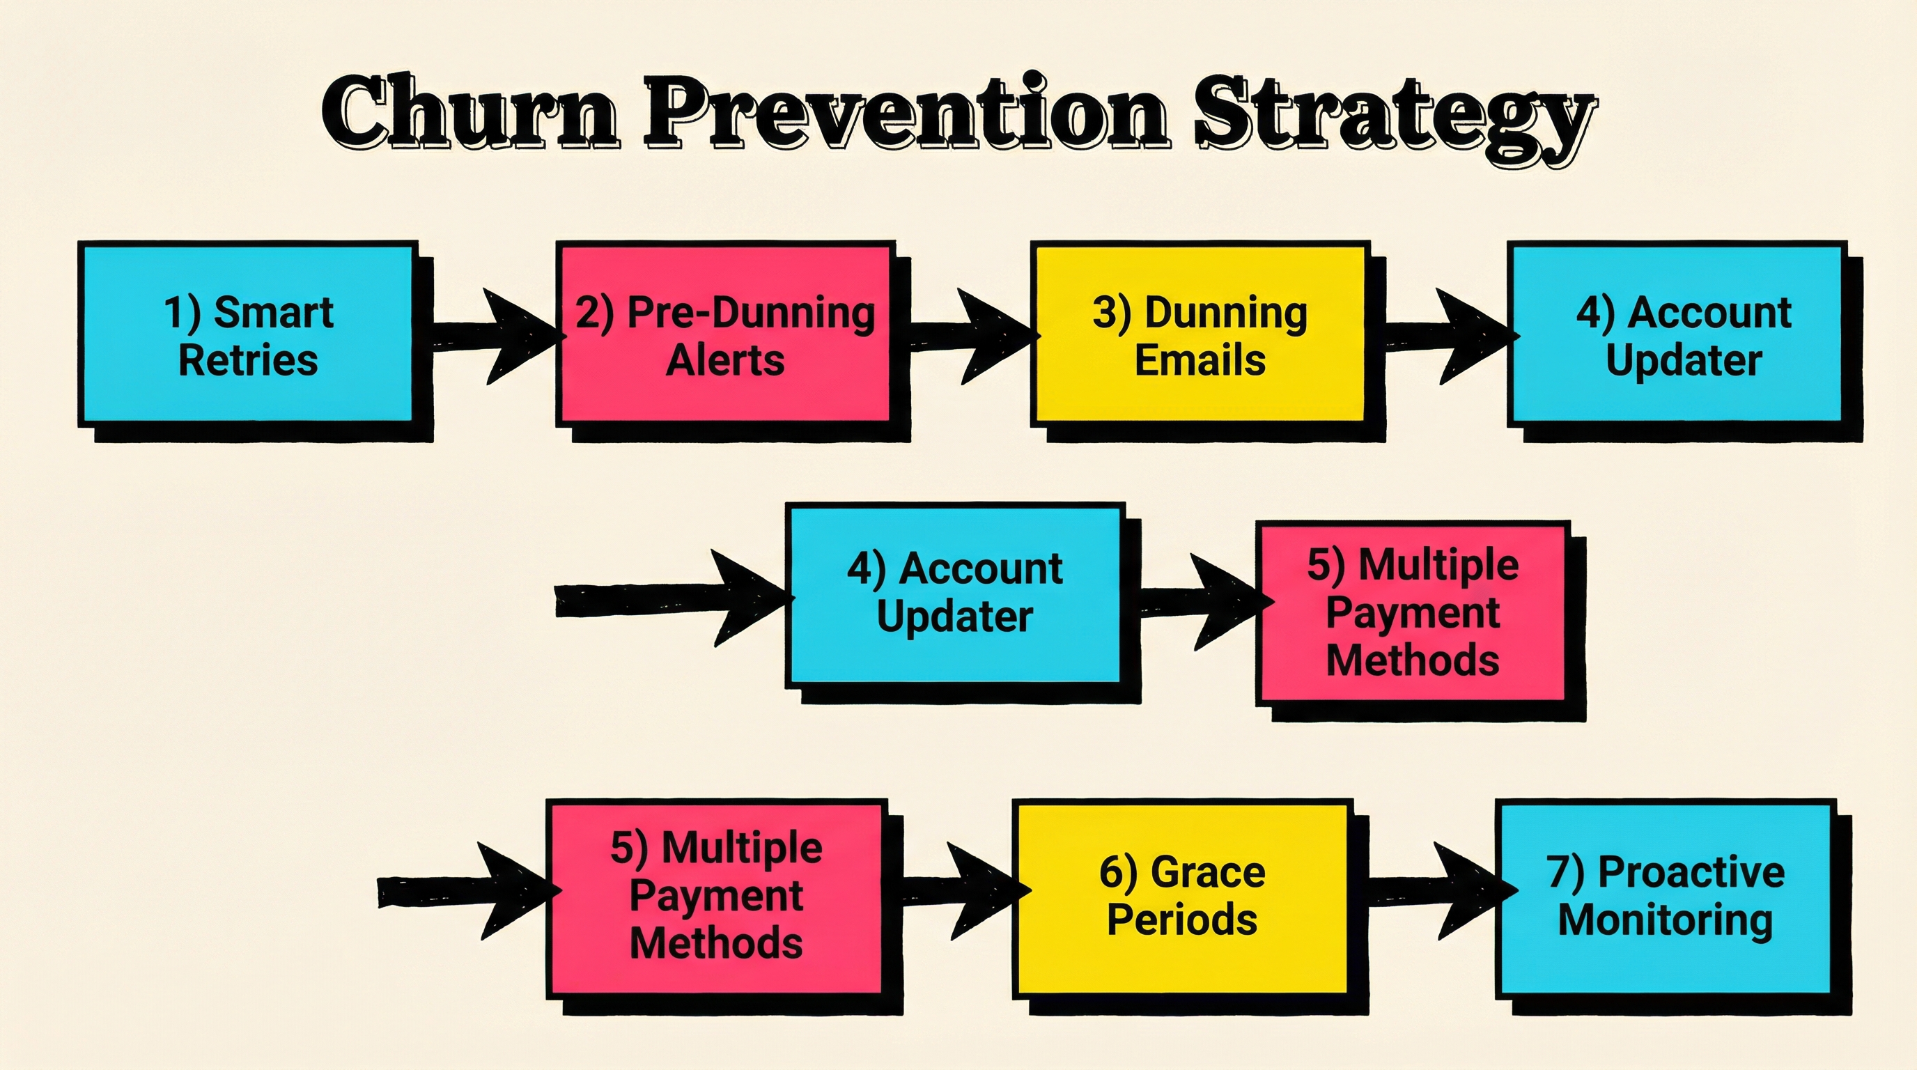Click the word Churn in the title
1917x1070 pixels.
tap(470, 114)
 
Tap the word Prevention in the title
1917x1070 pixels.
tap(905, 114)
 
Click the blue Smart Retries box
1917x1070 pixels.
tap(247, 334)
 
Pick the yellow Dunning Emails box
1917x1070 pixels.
tap(1199, 334)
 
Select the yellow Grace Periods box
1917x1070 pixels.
tap(1181, 897)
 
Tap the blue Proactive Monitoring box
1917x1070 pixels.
tap(1664, 897)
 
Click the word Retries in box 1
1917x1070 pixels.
tap(248, 360)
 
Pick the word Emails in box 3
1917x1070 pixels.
tap(1200, 360)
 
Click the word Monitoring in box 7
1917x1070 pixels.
tap(1665, 920)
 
